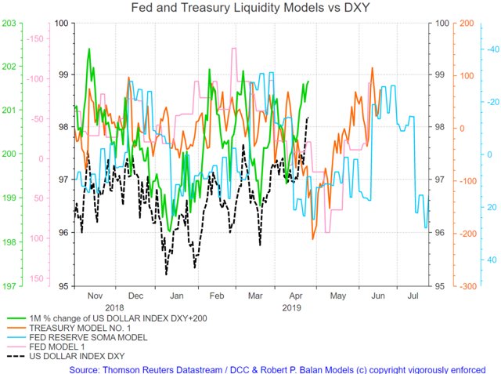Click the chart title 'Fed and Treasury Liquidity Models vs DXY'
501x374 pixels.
click(x=250, y=7)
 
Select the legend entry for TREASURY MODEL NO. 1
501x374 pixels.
click(x=80, y=328)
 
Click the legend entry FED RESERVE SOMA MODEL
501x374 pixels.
click(x=88, y=337)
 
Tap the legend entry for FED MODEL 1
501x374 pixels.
click(x=57, y=347)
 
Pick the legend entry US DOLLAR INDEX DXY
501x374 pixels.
click(x=77, y=356)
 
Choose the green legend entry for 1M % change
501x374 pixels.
click(x=118, y=318)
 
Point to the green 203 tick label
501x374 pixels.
click(x=9, y=24)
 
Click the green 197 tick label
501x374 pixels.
click(x=9, y=286)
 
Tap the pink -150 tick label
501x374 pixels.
click(x=34, y=38)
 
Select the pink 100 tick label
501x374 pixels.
click(x=37, y=238)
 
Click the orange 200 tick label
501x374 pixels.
click(x=467, y=24)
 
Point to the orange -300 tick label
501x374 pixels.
click(x=468, y=286)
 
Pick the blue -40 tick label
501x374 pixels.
click(x=493, y=49)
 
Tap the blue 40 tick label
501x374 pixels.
click(x=492, y=260)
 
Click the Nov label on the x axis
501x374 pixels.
click(x=95, y=296)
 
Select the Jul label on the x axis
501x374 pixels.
click(x=413, y=296)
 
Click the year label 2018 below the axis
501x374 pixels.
click(x=114, y=308)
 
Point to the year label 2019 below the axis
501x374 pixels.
click(x=291, y=308)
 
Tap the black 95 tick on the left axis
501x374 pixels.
click(x=63, y=286)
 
